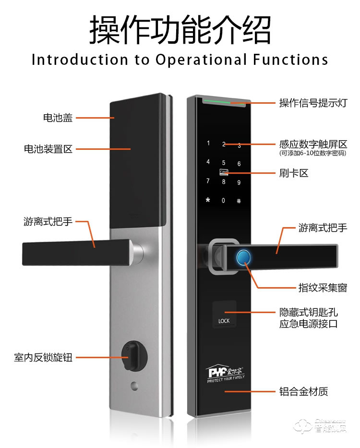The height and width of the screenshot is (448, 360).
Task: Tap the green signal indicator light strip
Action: click(x=223, y=102)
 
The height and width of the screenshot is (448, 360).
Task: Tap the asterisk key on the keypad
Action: click(x=208, y=200)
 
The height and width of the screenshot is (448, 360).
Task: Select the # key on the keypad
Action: click(x=239, y=200)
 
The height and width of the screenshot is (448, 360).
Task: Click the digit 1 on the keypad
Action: click(x=208, y=143)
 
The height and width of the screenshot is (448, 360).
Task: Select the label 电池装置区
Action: click(x=48, y=149)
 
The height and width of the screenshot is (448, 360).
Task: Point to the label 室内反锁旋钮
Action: click(x=43, y=358)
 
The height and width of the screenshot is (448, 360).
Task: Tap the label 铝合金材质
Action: click(x=303, y=392)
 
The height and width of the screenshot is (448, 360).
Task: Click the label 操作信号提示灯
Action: click(x=313, y=103)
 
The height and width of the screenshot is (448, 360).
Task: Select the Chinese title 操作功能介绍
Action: click(x=180, y=30)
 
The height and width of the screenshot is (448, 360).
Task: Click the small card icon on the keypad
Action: click(x=224, y=172)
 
